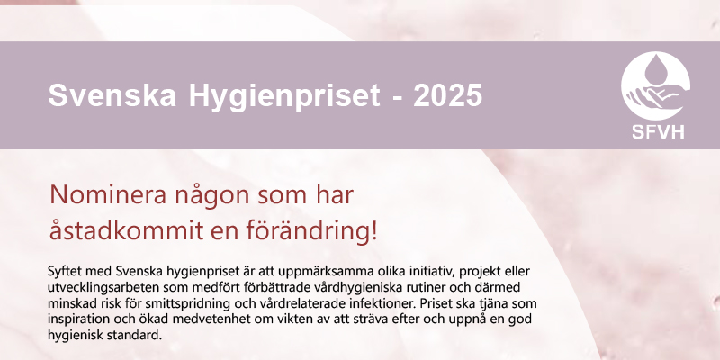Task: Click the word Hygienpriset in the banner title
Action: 283,96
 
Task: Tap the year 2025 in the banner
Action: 447,95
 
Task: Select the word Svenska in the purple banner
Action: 112,95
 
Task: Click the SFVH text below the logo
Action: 658,131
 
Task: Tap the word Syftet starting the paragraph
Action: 62,272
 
